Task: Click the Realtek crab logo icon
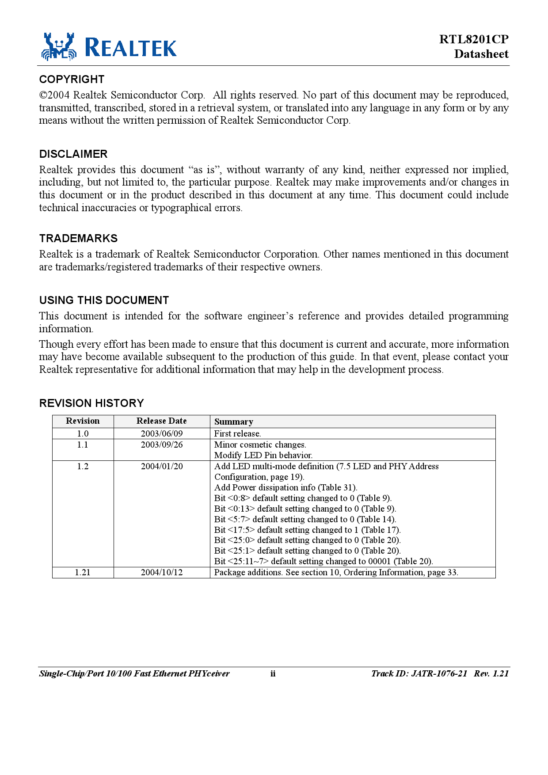pyautogui.click(x=59, y=46)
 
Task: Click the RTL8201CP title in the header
pyautogui.click(x=474, y=39)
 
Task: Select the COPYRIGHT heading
pyautogui.click(x=72, y=80)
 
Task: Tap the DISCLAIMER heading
pyautogui.click(x=73, y=154)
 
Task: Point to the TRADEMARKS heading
pyautogui.click(x=78, y=239)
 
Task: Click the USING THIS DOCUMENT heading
pyautogui.click(x=104, y=300)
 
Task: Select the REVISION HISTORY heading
pyautogui.click(x=91, y=403)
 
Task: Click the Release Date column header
pyautogui.click(x=161, y=421)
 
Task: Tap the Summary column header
pyautogui.click(x=234, y=422)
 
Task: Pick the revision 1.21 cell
pyautogui.click(x=83, y=573)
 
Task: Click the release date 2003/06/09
pyautogui.click(x=162, y=434)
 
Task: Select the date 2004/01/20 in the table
pyautogui.click(x=162, y=467)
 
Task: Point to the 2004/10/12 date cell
pyautogui.click(x=162, y=573)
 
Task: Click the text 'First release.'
pyautogui.click(x=237, y=434)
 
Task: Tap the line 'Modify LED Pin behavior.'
pyautogui.click(x=263, y=456)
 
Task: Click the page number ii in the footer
pyautogui.click(x=273, y=674)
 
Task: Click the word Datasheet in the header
pyautogui.click(x=481, y=54)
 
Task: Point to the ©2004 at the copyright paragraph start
pyautogui.click(x=54, y=95)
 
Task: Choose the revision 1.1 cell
pyautogui.click(x=83, y=445)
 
